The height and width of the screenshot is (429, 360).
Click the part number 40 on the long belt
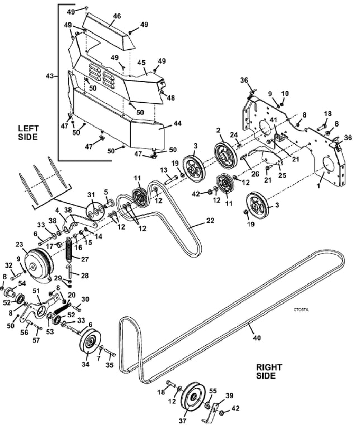pyautogui.click(x=257, y=338)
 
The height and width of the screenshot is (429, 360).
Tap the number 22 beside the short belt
pyautogui.click(x=210, y=221)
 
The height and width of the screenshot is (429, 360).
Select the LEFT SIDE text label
pyautogui.click(x=28, y=132)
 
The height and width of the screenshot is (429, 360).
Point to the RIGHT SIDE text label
pyautogui.click(x=269, y=371)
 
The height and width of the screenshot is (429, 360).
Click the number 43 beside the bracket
pyautogui.click(x=50, y=76)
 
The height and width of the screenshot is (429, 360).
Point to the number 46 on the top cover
pyautogui.click(x=117, y=16)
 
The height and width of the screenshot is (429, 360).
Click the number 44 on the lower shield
pyautogui.click(x=177, y=123)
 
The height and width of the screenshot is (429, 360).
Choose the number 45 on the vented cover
pyautogui.click(x=141, y=63)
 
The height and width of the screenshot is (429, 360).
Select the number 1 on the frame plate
pyautogui.click(x=318, y=186)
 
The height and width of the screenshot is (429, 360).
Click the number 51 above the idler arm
pyautogui.click(x=36, y=291)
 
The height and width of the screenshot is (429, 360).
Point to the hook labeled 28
pyautogui.click(x=69, y=271)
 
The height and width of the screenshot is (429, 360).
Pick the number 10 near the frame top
pyautogui.click(x=285, y=94)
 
